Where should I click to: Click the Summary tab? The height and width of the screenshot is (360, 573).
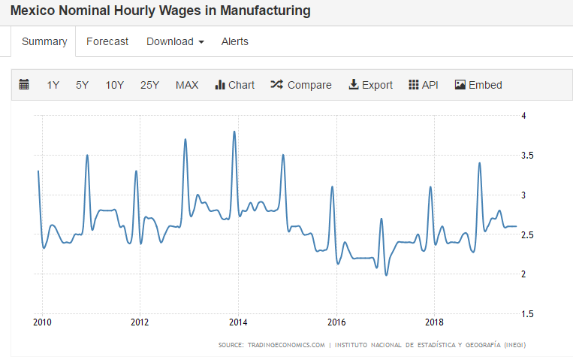44,41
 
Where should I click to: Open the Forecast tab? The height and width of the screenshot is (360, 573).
107,41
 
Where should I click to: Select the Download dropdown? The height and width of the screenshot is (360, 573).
175,41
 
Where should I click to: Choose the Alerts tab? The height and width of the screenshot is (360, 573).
234,41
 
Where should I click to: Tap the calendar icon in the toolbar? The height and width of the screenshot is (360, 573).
24,85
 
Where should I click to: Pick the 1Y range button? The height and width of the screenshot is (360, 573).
53,85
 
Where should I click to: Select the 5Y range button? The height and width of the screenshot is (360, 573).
82,85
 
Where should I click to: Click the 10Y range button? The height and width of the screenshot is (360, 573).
115,85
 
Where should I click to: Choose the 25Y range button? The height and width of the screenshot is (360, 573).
149,85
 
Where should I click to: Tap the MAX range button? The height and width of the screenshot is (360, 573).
187,85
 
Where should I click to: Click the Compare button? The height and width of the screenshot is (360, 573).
301,85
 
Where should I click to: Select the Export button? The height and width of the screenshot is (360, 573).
370,85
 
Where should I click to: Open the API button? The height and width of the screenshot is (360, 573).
423,85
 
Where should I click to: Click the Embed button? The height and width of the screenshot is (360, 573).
478,85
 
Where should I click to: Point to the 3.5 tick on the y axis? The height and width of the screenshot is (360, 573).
528,156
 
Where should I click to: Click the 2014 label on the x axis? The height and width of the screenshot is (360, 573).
238,322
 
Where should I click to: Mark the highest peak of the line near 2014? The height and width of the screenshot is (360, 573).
234,132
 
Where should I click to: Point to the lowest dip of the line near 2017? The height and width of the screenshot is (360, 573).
387,275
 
